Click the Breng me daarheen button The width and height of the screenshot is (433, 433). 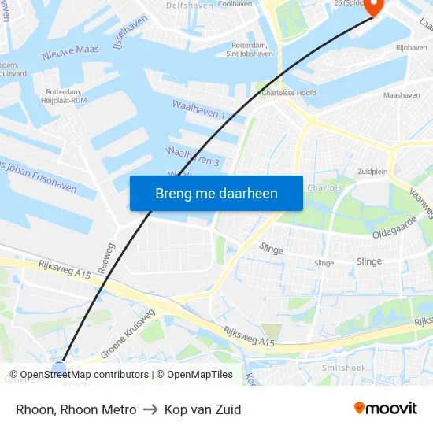tap(216, 193)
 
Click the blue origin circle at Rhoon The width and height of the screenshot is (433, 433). tap(59, 367)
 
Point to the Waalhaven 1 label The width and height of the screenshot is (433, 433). tap(198, 109)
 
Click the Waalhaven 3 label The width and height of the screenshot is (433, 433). tap(192, 155)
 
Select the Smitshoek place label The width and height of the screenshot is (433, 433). tap(343, 368)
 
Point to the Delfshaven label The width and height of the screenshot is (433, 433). tap(189, 5)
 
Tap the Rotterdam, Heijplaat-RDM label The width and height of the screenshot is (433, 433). tap(64, 95)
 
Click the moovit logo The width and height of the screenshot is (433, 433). tap(385, 409)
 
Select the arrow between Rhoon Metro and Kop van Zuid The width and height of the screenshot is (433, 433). tap(150, 410)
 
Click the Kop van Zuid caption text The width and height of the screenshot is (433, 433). tap(202, 409)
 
